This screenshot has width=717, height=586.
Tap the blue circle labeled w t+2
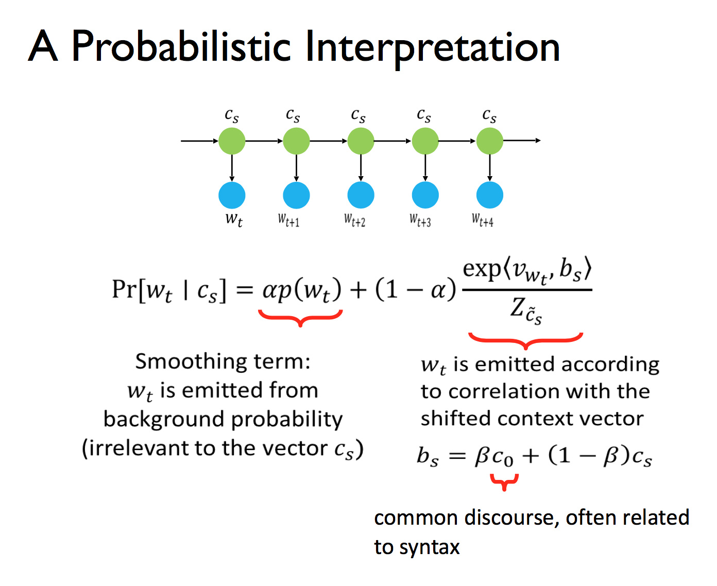[x=361, y=195]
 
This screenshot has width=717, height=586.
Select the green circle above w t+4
[x=489, y=141]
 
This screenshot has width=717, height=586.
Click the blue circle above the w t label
[x=232, y=195]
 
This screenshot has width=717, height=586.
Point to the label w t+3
[x=420, y=220]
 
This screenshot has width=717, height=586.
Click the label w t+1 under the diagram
[x=288, y=220]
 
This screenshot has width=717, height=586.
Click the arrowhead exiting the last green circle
[x=538, y=141]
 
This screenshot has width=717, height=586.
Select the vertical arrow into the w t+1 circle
[x=297, y=168]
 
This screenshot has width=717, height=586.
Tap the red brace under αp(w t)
[x=300, y=318]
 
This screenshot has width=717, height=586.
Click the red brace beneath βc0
[x=504, y=482]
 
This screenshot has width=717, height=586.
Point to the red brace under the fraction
[x=525, y=340]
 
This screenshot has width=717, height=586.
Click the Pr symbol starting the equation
[x=124, y=289]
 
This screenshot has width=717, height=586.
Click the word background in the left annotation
[x=163, y=419]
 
